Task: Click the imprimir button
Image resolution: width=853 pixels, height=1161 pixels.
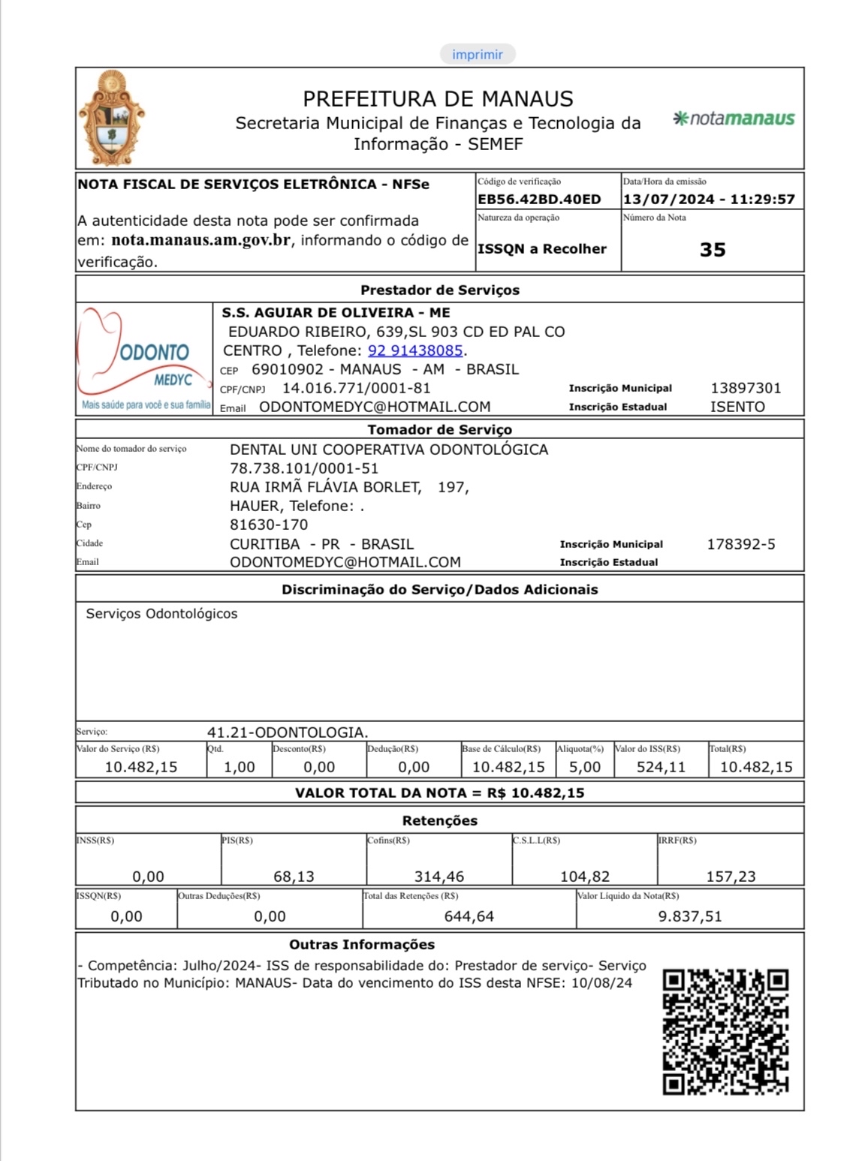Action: click(x=478, y=54)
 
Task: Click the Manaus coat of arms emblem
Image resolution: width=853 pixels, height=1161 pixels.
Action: click(x=112, y=118)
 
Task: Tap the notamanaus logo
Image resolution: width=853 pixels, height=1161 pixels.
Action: click(x=734, y=119)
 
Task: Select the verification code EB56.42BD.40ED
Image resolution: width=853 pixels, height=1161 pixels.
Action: click(x=539, y=200)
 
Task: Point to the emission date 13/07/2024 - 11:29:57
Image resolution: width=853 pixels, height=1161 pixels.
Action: click(x=708, y=200)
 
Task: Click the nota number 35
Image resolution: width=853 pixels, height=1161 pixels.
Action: click(x=712, y=250)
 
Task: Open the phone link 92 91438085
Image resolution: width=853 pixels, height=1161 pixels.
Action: click(x=414, y=350)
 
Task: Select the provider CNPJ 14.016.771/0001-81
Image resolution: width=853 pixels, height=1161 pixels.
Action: click(x=356, y=388)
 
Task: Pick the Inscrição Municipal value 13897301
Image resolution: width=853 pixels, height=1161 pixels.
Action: click(x=746, y=388)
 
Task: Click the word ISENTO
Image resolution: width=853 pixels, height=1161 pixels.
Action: click(x=737, y=407)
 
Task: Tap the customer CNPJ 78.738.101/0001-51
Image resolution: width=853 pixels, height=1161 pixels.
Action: click(x=304, y=468)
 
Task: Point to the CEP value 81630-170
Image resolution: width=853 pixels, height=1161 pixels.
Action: click(x=269, y=525)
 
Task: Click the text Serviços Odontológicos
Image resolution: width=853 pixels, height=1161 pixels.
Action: click(x=161, y=614)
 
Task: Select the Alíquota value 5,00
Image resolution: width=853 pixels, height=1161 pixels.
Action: click(x=584, y=767)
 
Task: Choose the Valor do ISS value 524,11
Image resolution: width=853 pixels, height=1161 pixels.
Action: click(x=661, y=767)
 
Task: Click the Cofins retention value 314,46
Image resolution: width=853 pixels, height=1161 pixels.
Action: click(x=439, y=877)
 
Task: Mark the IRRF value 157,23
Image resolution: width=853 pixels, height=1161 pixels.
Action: click(x=731, y=877)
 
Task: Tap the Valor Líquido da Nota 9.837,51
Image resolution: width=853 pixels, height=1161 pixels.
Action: click(x=689, y=916)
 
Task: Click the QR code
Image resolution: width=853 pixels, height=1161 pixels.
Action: click(x=725, y=1031)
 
